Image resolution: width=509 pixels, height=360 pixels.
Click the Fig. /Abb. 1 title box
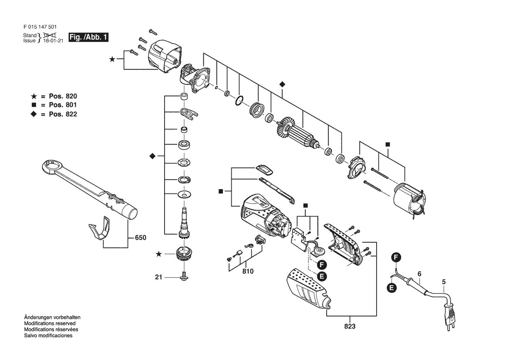click(x=88, y=37)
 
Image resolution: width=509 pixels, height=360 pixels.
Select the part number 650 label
click(x=141, y=238)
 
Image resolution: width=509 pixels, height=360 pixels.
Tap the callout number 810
click(x=248, y=271)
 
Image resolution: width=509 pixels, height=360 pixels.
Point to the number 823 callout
click(x=350, y=326)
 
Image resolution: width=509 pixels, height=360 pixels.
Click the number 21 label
click(x=158, y=277)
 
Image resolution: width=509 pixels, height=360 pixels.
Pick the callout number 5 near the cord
click(x=444, y=282)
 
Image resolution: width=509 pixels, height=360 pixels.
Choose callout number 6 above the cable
click(x=419, y=274)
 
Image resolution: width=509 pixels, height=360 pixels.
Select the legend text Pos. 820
click(x=63, y=96)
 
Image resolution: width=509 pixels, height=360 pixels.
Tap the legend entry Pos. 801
click(x=63, y=105)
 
